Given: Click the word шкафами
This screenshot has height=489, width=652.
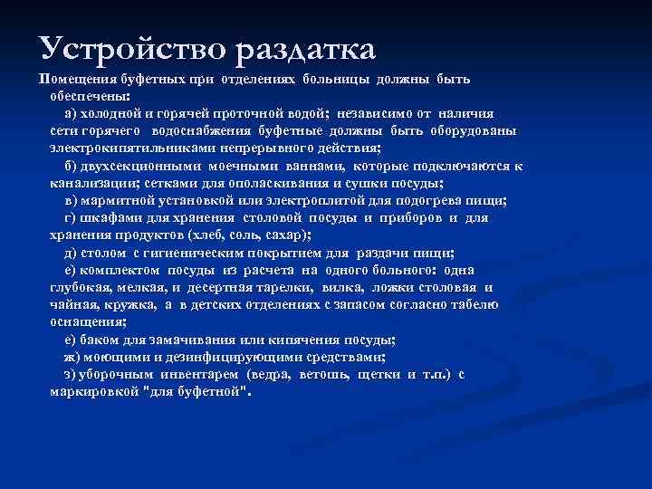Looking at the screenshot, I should click(106, 218).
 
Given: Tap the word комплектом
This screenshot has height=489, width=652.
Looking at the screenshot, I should click(120, 270).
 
